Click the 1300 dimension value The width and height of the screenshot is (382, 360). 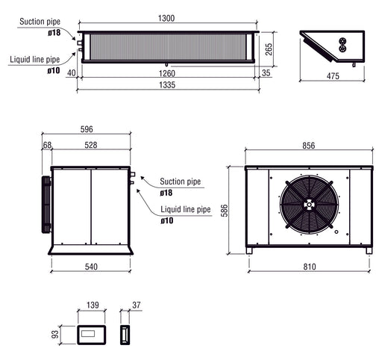pyautogui.click(x=168, y=18)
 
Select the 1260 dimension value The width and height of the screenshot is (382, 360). pyautogui.click(x=168, y=73)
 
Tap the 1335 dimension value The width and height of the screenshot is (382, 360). pyautogui.click(x=168, y=85)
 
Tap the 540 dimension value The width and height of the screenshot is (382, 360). pyautogui.click(x=91, y=266)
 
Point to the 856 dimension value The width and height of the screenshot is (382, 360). pyautogui.click(x=308, y=145)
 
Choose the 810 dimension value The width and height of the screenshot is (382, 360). pyautogui.click(x=308, y=266)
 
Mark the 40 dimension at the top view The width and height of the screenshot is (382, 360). pyautogui.click(x=71, y=73)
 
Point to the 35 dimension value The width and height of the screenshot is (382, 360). pyautogui.click(x=266, y=73)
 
